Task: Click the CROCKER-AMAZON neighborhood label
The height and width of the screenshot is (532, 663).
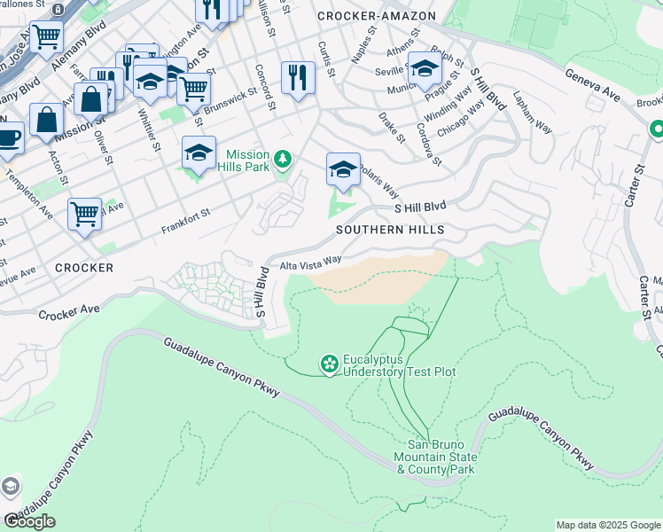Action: [376, 16]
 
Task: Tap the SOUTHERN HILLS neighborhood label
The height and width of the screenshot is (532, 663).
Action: [390, 230]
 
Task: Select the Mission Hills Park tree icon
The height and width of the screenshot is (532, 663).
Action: [283, 160]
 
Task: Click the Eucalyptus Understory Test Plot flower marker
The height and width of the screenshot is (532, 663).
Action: [329, 364]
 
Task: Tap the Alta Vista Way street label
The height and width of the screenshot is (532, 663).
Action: [311, 262]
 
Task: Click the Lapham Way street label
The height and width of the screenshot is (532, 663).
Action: [532, 113]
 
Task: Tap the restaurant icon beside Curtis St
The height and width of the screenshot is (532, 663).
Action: [298, 77]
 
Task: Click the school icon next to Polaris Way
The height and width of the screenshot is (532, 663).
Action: [343, 168]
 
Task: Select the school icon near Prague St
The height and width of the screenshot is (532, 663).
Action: [425, 67]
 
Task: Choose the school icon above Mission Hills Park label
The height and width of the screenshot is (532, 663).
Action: [199, 152]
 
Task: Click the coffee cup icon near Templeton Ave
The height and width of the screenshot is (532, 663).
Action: [9, 138]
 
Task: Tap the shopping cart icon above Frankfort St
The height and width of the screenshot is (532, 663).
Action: [84, 212]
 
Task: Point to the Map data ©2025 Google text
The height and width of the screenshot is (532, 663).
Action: [607, 525]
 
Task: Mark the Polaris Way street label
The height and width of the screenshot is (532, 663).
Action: [378, 185]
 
